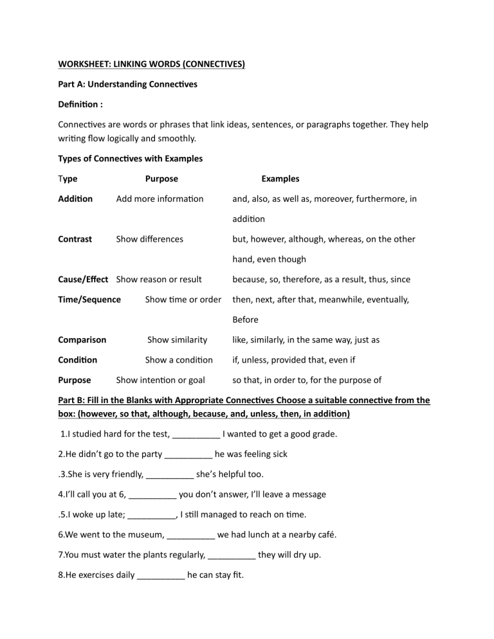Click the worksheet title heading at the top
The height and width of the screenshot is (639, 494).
[151, 64]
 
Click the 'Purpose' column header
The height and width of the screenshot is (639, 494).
[161, 179]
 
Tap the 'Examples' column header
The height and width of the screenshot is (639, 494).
[280, 179]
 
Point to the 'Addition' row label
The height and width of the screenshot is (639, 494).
[75, 199]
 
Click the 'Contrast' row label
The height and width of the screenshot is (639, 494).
[75, 239]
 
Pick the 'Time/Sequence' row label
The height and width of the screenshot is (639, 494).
[89, 300]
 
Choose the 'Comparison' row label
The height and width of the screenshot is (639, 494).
[82, 339]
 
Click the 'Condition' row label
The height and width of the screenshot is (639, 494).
[78, 360]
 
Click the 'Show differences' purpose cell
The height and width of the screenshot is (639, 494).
[149, 239]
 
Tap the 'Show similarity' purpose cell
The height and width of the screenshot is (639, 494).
[177, 339]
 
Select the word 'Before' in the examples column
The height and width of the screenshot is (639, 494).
[245, 319]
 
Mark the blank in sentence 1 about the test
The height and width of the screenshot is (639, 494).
[196, 435]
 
